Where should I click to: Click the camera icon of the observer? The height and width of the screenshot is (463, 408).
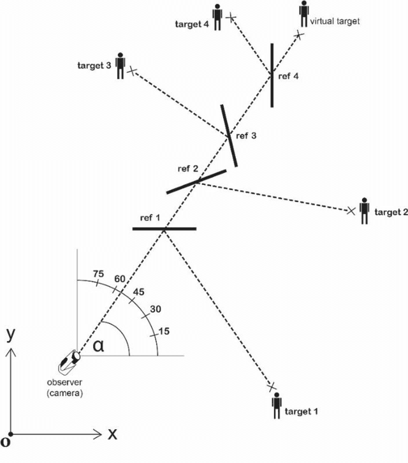[x=68, y=362]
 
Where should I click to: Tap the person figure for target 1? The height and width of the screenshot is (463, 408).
[x=276, y=405]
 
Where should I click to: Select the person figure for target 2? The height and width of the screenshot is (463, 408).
[x=365, y=211]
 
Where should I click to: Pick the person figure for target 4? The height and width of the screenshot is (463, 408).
[x=217, y=18]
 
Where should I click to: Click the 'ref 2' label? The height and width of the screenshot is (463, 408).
[x=188, y=168]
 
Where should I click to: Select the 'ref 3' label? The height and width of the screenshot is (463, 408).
[x=247, y=136]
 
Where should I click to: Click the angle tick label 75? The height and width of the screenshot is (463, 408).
[x=98, y=274]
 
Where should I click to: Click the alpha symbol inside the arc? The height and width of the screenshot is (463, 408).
[x=98, y=346]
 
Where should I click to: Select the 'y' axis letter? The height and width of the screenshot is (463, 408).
[x=9, y=334]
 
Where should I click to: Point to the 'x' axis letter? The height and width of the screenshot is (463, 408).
[x=112, y=434]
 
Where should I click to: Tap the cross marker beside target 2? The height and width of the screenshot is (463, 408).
[x=350, y=210]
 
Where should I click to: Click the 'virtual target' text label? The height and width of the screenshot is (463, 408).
[x=335, y=21]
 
